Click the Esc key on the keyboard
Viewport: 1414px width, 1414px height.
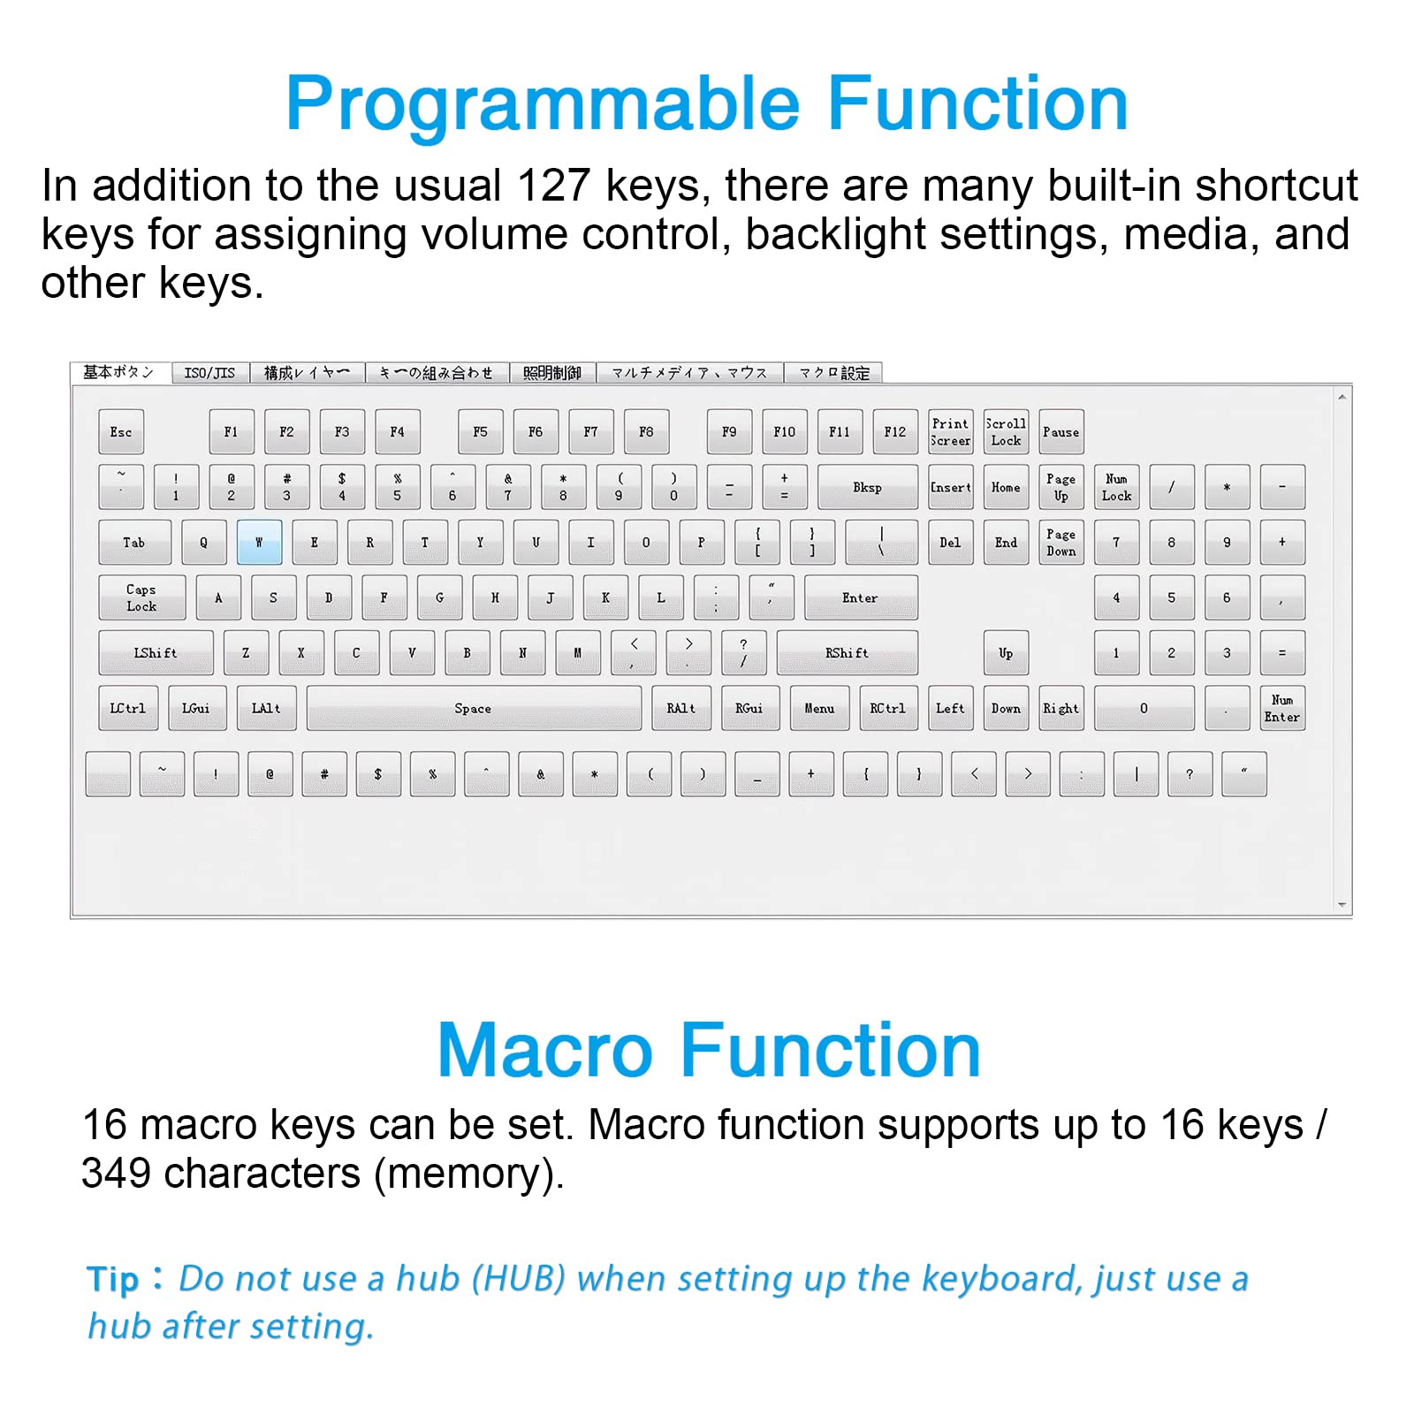[121, 432]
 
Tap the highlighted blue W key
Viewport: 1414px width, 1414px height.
[259, 543]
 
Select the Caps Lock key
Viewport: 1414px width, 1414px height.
[141, 598]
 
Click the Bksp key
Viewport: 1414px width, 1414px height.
[867, 488]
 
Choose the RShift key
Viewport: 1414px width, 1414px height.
[847, 653]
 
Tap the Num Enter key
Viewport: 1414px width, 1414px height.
[1281, 709]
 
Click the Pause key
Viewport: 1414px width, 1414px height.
[1060, 432]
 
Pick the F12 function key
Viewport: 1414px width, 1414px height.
[894, 432]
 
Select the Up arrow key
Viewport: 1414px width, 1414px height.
[1006, 653]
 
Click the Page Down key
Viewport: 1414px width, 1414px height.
[1060, 543]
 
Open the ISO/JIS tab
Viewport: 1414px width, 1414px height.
[209, 373]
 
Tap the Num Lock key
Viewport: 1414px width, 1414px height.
[1116, 488]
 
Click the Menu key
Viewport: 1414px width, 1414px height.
[819, 709]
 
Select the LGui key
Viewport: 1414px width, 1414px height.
[196, 709]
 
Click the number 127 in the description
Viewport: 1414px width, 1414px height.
[553, 186]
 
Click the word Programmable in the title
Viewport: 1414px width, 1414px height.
[542, 104]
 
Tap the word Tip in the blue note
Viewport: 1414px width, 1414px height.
[113, 1280]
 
